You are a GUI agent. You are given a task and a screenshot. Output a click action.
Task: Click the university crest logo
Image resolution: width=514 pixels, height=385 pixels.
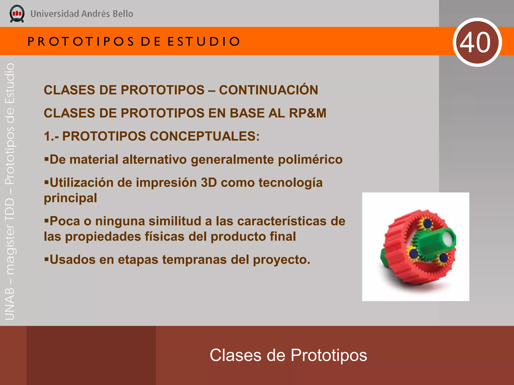tap(17, 14)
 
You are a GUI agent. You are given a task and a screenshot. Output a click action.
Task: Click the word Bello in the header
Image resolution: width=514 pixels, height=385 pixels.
tap(123, 14)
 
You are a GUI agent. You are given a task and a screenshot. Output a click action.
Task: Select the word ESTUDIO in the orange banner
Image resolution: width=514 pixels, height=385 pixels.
tap(204, 41)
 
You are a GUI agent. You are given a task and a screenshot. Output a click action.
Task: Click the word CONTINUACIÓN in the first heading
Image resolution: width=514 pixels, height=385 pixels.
tap(268, 90)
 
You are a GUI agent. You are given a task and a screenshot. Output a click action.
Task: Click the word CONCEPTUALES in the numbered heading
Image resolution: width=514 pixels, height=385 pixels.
tap(204, 136)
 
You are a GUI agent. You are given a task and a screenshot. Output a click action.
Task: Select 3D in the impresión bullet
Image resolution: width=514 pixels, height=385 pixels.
tap(209, 183)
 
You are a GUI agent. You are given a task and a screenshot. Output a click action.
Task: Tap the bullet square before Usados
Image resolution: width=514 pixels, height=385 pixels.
tap(46, 259)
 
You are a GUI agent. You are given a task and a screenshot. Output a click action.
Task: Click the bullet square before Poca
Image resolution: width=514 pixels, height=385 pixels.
tap(46, 220)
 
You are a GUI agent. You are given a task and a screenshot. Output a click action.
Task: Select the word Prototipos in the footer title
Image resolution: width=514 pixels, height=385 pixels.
tap(329, 355)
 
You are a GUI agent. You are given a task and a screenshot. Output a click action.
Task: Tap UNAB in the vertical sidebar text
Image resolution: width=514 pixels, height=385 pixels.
tap(10, 304)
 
